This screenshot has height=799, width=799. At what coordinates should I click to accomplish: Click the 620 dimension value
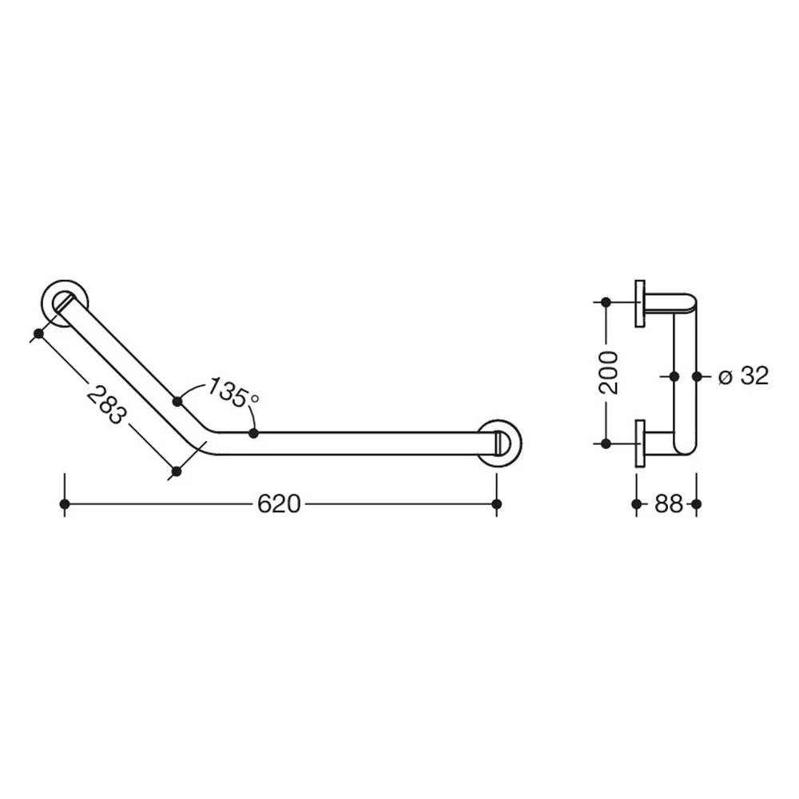pos(279,504)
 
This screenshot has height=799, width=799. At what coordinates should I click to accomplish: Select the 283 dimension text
pos(106,406)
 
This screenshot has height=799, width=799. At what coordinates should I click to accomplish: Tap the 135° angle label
pos(233,392)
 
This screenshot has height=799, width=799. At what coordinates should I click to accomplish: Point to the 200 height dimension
pos(609,372)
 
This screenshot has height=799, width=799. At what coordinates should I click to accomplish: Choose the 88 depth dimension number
pos(668,504)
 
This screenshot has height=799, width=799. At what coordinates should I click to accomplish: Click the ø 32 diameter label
pos(743,376)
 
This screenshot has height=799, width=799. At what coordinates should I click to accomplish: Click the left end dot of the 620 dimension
pos(64,504)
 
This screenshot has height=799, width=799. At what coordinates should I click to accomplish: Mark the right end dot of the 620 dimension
pos(497,504)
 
